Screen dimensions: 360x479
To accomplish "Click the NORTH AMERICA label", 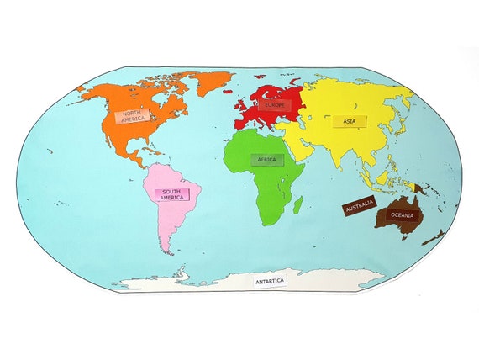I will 132,116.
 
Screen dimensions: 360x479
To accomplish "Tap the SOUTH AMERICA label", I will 171,193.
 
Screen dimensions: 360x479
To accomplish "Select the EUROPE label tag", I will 275,105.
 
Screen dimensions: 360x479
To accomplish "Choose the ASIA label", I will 348,121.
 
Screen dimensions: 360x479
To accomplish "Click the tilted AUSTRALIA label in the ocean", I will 358,205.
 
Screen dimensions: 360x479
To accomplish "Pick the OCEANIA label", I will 401,215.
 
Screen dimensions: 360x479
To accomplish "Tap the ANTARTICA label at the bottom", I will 270,281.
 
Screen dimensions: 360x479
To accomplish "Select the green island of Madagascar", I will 297,204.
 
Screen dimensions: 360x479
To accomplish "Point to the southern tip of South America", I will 167,251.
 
